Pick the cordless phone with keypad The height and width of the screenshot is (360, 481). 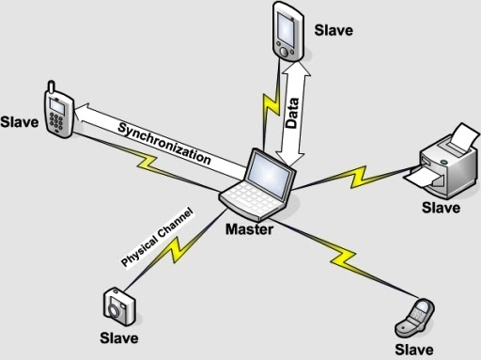point(58,112)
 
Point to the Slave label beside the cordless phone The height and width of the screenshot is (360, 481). point(21,122)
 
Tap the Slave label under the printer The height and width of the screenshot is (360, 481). point(440,207)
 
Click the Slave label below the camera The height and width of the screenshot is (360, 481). point(118,337)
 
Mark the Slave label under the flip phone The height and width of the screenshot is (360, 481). point(414,350)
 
